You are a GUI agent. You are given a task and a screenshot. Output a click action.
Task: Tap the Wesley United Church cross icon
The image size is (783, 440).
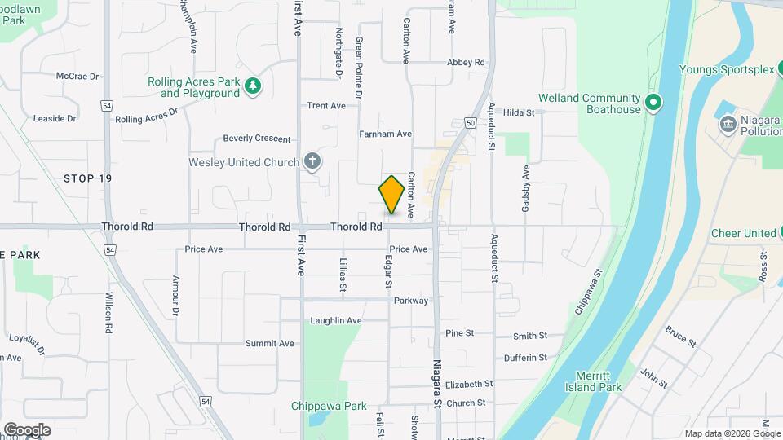click(x=312, y=162)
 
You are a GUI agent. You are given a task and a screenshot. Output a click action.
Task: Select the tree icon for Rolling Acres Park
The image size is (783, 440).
click(x=253, y=85)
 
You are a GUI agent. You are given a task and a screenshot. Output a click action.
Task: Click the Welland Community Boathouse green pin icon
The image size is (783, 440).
click(x=652, y=103)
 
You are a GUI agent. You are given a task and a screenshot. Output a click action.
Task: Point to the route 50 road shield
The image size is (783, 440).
click(x=471, y=122)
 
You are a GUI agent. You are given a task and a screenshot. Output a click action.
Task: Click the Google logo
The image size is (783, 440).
click(x=27, y=429)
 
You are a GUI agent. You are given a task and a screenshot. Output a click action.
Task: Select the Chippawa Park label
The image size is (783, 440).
click(x=329, y=406)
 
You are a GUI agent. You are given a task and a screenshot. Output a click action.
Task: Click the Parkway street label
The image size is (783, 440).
click(x=411, y=301)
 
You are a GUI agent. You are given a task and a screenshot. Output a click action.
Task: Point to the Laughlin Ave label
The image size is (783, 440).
click(x=335, y=321)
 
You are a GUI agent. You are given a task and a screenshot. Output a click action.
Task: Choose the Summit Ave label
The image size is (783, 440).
click(x=269, y=343)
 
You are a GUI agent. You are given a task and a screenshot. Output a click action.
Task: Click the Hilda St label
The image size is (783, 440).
click(x=519, y=112)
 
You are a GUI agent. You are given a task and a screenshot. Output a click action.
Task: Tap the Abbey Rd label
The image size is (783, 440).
click(x=466, y=62)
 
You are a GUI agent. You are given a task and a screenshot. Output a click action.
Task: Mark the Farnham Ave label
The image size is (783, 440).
click(x=385, y=134)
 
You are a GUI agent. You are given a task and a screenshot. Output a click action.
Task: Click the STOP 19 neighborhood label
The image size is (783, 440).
click(x=87, y=178)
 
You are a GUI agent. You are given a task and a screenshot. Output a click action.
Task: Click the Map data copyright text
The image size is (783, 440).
click(x=731, y=433)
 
